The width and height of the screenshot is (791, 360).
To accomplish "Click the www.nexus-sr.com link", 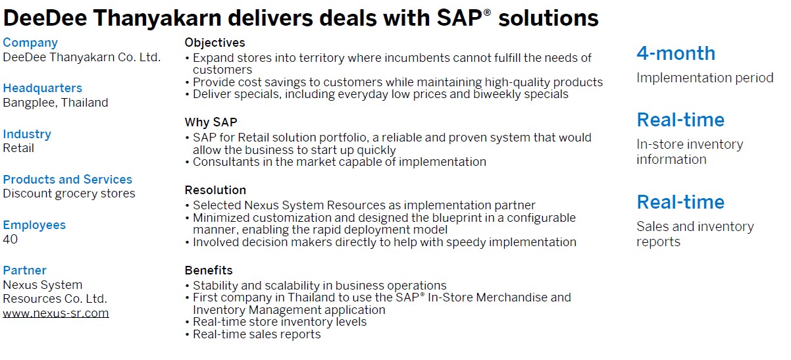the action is coord(56,313).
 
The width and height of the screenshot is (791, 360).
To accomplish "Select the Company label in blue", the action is coord(30,43).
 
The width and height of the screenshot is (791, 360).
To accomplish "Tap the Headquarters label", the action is coord(42,88).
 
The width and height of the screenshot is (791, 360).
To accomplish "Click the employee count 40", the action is coord(11,239).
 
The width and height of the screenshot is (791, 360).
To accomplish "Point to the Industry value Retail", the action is coord(18,148).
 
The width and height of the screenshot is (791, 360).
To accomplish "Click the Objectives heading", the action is coord(215,43).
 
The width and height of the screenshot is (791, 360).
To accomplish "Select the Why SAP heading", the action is coord(211,122).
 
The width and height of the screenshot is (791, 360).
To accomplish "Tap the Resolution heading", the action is coord(215,190).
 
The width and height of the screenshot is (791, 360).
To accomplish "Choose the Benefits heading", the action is coord(209,270).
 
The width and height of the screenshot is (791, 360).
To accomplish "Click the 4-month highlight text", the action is coord(676,53).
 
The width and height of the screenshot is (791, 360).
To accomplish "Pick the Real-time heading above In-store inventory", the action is coord(680,120).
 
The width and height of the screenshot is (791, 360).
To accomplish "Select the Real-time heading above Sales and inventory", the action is coord(680,202).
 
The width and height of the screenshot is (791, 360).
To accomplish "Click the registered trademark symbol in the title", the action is coord(487,13).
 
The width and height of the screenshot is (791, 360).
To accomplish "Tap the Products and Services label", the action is coord(67,180).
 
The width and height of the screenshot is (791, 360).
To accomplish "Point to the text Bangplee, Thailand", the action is coord(55,103).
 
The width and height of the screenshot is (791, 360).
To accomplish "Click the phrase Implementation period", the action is coord(705,78).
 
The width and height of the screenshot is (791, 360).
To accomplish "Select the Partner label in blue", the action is coord(25,270).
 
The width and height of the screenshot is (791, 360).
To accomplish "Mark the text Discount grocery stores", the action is coord(69,193).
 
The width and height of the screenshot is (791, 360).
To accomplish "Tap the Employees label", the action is coord(34,225).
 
